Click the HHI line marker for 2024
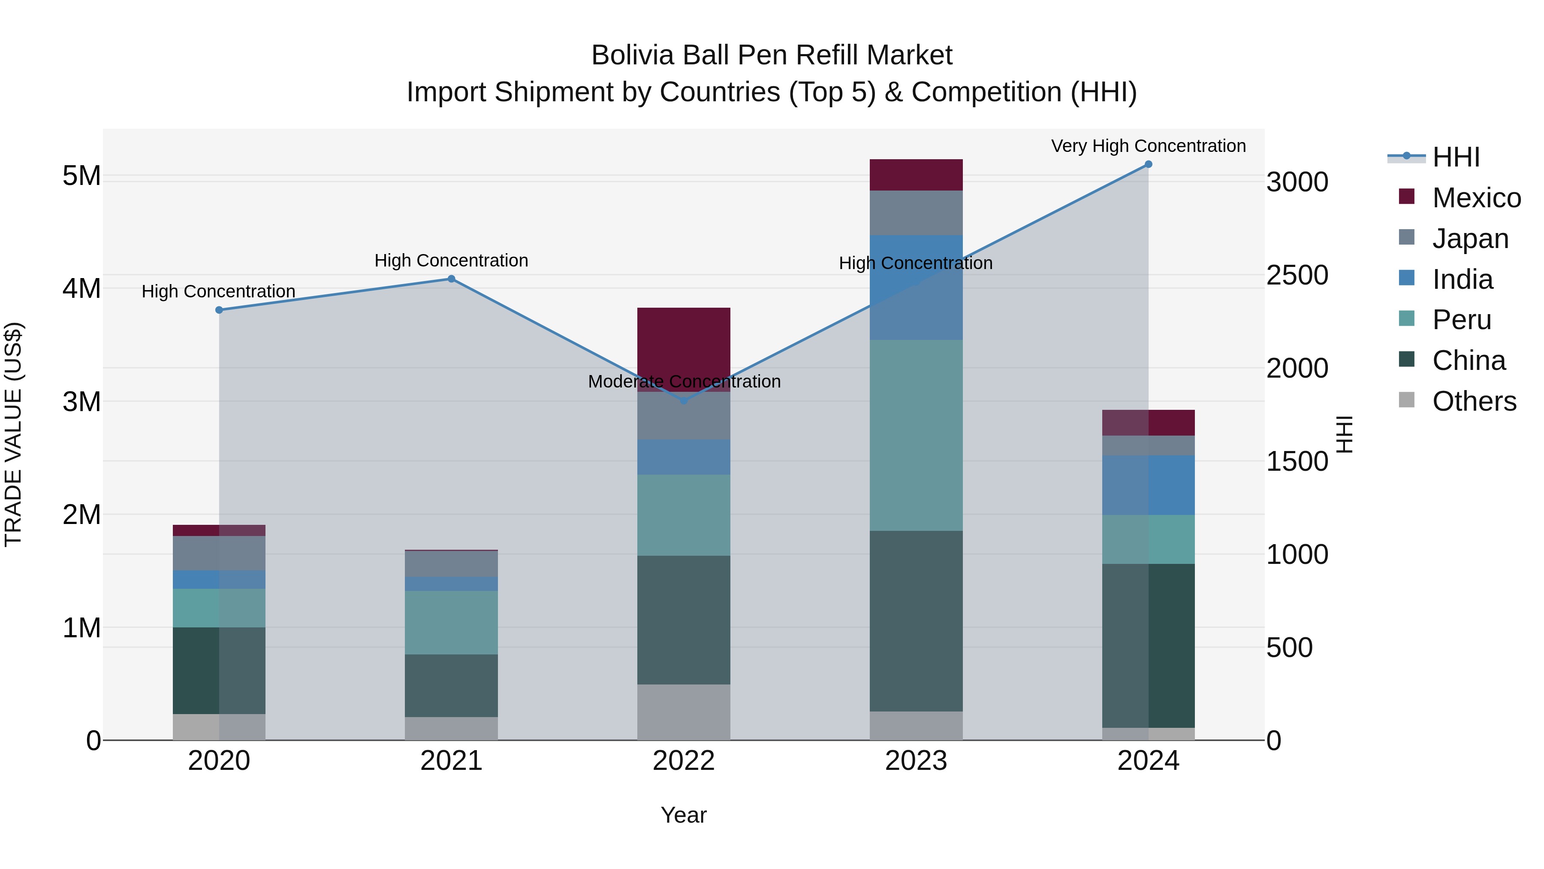(1148, 164)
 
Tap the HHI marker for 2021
(451, 279)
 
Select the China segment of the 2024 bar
(1148, 645)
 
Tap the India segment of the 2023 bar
(916, 288)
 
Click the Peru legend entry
(1461, 320)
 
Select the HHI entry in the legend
(1455, 157)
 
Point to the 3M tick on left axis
(81, 401)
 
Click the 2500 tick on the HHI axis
(1297, 275)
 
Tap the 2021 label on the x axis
(451, 761)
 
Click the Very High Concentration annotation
(1148, 146)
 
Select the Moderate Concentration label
(684, 382)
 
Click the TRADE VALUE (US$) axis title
(14, 434)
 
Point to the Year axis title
(683, 815)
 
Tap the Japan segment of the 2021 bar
(451, 564)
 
